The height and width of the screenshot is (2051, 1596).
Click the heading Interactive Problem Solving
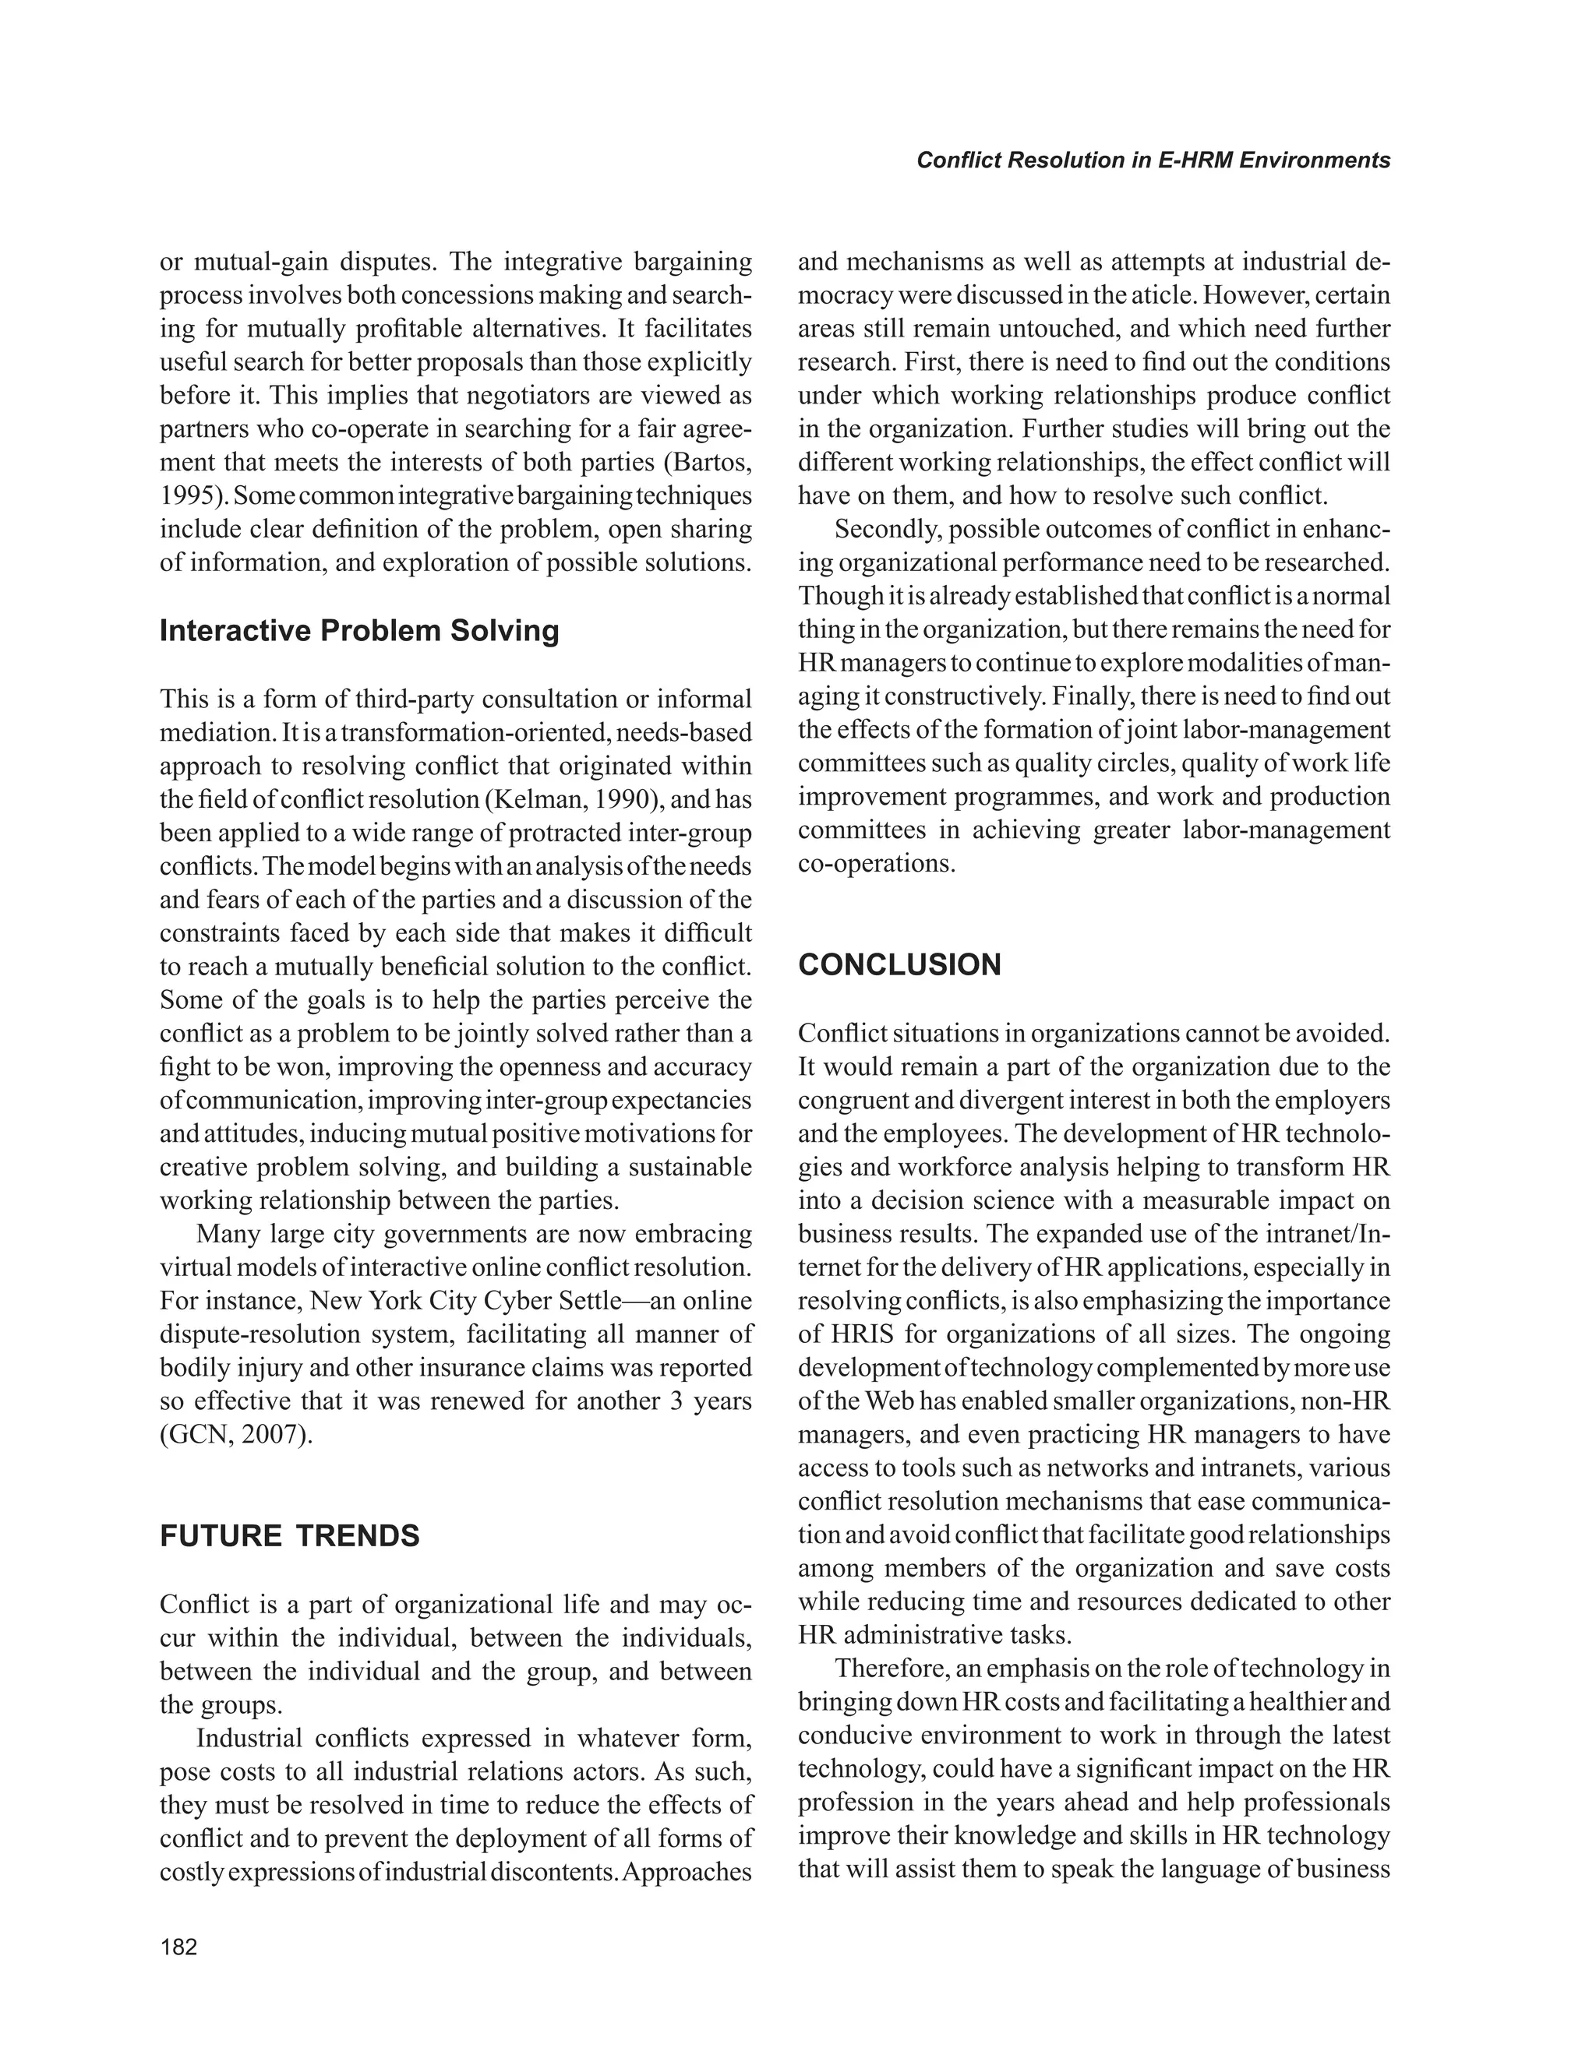358,631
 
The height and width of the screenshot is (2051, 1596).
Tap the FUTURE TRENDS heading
289,1536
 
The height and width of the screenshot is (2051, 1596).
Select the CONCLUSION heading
899,965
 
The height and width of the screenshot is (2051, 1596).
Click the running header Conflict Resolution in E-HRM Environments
1153,160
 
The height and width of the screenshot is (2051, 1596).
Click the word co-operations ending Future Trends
874,863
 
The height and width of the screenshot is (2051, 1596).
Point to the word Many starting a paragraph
225,1234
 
